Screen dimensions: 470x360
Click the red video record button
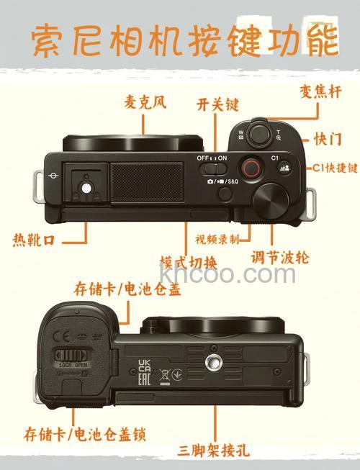point(251,168)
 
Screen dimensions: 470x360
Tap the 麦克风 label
point(144,103)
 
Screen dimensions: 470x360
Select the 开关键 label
point(217,104)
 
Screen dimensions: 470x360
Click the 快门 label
point(328,137)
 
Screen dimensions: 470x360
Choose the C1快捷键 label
point(334,167)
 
